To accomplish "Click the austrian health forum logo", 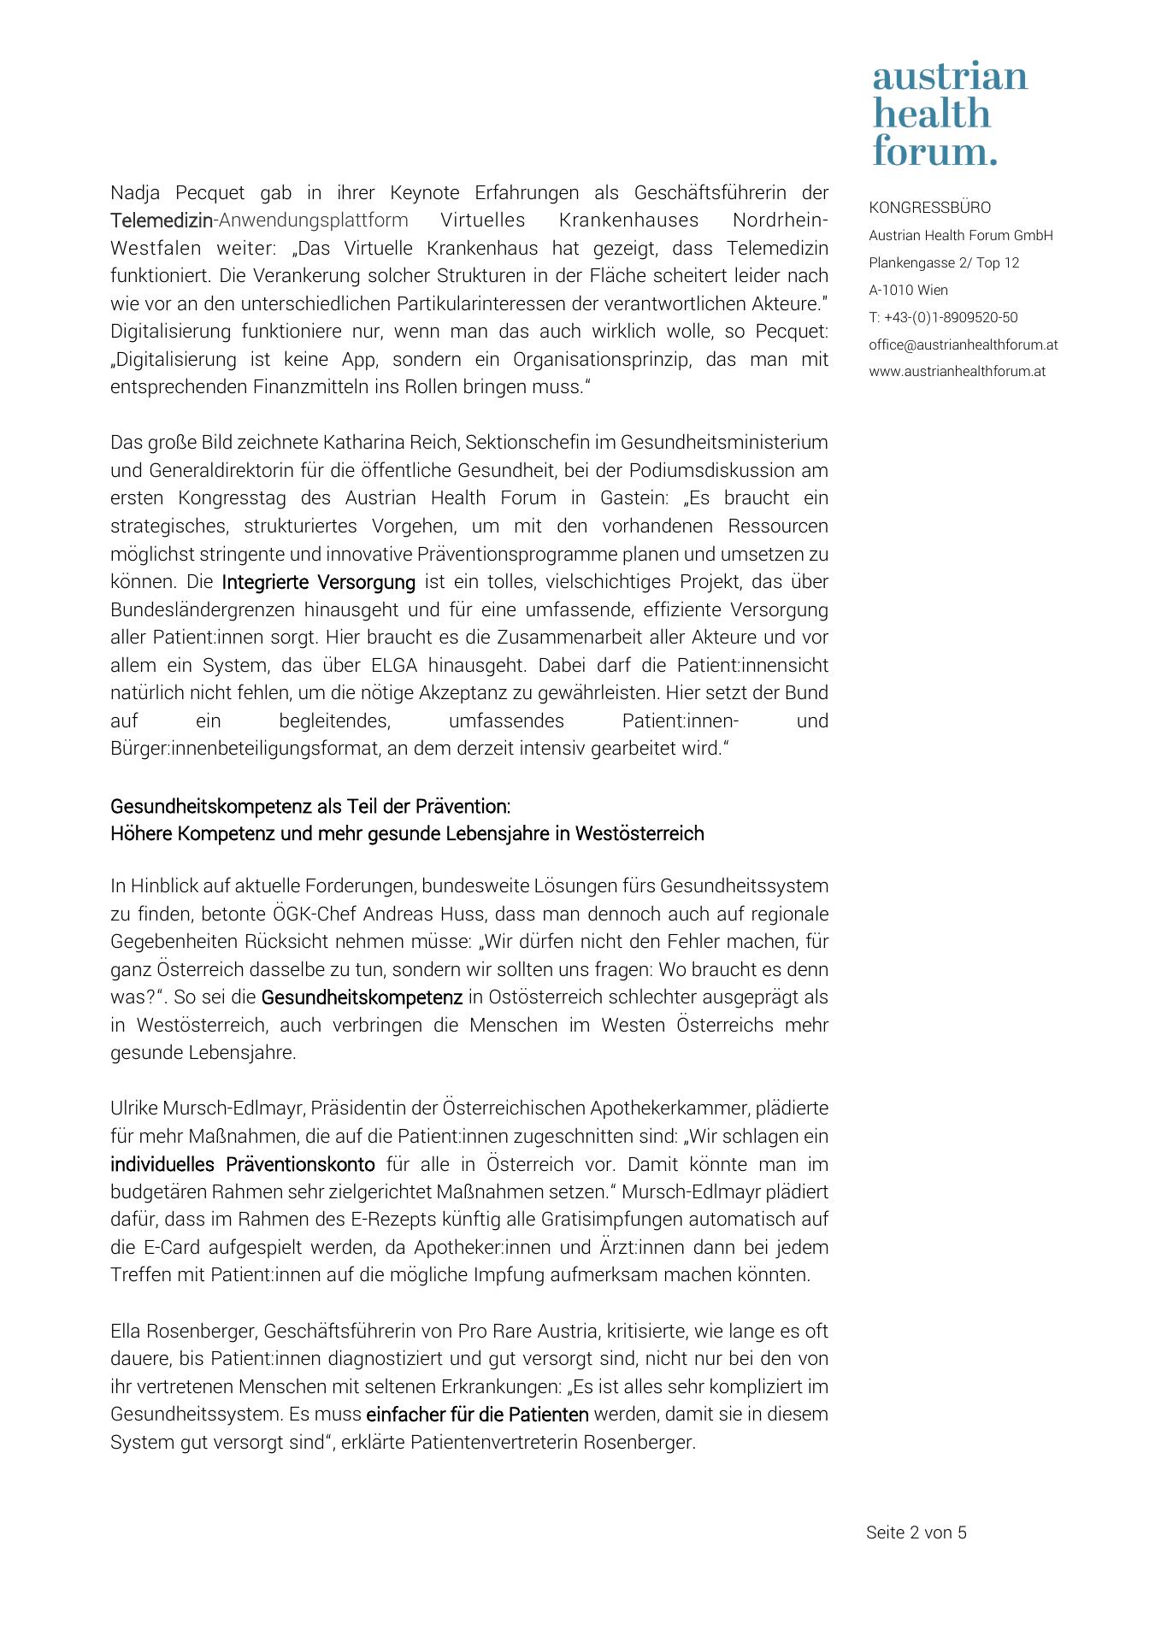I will pos(949,114).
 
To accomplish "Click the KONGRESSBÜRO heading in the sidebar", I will pos(929,208).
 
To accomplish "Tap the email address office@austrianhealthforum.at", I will pos(963,344).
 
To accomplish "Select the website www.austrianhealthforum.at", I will pos(957,372).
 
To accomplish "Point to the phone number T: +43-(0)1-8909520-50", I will pos(943,317).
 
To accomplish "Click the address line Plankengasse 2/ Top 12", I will pos(944,262).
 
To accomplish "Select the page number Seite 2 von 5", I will pos(916,1532).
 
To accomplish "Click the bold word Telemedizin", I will pos(161,221).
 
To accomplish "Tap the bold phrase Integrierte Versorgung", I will pos(318,582).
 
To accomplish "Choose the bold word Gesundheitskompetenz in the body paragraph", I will pos(362,997).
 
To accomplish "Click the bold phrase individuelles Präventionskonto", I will pos(242,1164).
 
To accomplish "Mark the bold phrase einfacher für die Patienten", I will pos(477,1415).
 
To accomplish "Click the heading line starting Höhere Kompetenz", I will pos(407,833).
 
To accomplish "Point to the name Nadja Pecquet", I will pos(178,193).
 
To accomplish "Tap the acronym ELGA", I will pos(394,666).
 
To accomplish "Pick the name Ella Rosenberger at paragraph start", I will pos(182,1331).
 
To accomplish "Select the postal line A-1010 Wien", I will pos(908,290).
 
